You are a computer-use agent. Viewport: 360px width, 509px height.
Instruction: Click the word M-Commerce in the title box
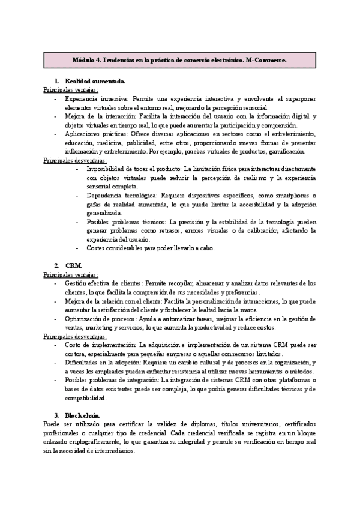tap(266, 61)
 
